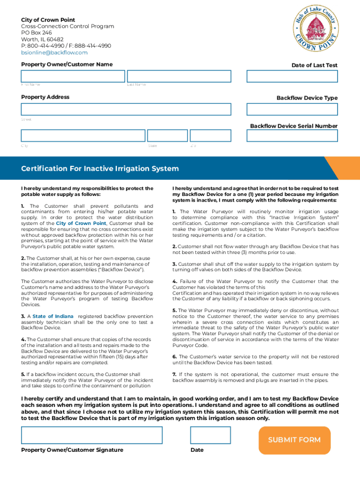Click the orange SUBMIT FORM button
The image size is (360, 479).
coord(294,440)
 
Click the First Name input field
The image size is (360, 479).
coord(72,76)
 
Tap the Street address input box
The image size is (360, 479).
coord(126,109)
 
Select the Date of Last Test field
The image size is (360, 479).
coord(292,76)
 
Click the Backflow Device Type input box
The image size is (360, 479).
coord(292,109)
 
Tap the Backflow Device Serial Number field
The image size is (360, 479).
coord(292,136)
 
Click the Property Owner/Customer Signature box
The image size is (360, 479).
coord(92,435)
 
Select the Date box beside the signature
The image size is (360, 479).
coord(210,435)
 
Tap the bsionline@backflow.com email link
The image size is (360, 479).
coord(54,52)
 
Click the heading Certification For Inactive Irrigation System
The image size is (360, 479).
coord(100,168)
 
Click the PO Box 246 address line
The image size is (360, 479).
coord(36,33)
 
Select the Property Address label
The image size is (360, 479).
coord(45,97)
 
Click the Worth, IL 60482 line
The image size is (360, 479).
coord(42,39)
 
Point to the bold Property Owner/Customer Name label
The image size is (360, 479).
coord(67,64)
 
